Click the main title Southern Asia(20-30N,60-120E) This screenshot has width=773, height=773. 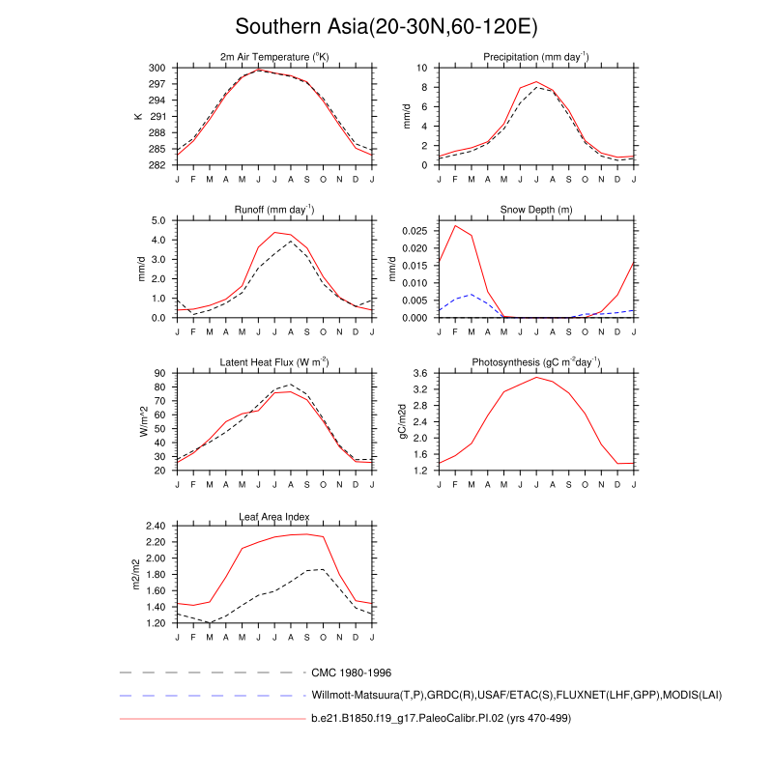[x=386, y=26]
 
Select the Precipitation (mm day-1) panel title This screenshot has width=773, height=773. [x=536, y=58]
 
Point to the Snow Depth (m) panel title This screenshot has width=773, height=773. [x=536, y=210]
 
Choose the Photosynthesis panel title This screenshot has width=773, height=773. [x=536, y=362]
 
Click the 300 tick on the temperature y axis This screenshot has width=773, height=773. [x=157, y=69]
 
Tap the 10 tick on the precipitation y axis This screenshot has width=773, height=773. [x=422, y=69]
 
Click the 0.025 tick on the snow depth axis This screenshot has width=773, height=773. [x=415, y=231]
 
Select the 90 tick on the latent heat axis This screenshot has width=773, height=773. [x=160, y=373]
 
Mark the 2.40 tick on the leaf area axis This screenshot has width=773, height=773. [x=156, y=526]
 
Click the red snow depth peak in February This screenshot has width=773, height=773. [x=455, y=226]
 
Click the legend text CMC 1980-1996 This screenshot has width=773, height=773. [x=351, y=672]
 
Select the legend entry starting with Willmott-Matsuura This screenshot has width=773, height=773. [x=517, y=695]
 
